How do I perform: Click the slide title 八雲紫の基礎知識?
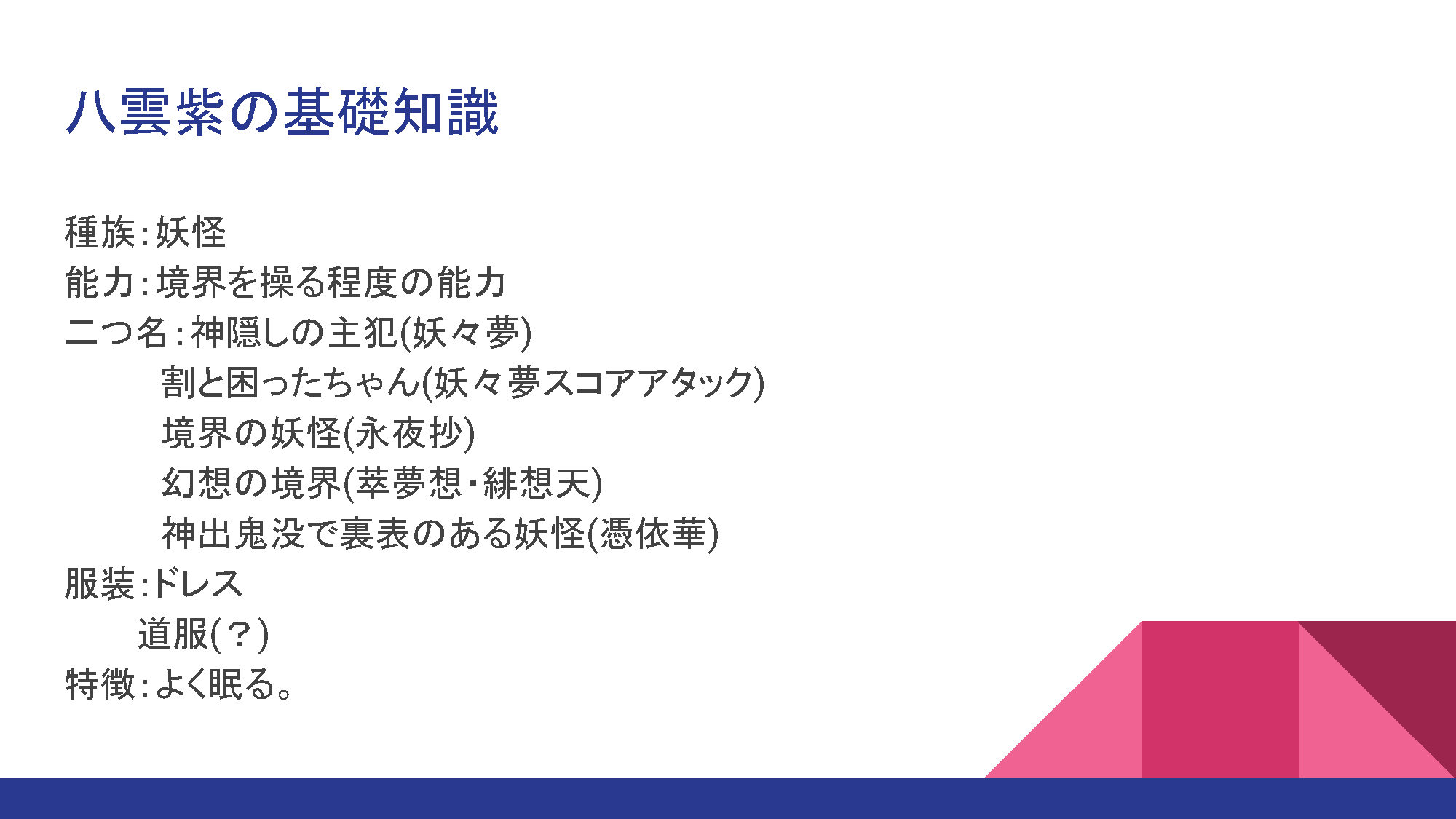[282, 112]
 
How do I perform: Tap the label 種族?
[100, 232]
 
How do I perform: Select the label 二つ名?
[117, 332]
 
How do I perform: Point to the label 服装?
[100, 583]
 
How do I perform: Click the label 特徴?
[100, 684]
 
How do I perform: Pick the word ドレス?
[197, 583]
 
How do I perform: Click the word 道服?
[173, 633]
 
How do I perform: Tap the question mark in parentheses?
[240, 633]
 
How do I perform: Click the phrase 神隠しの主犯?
[294, 332]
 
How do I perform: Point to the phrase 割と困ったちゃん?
[291, 382]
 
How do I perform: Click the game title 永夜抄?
[408, 432]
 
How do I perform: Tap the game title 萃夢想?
[408, 483]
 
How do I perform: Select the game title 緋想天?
[537, 483]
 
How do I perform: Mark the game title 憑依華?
[653, 533]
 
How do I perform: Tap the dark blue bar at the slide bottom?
[728, 799]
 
